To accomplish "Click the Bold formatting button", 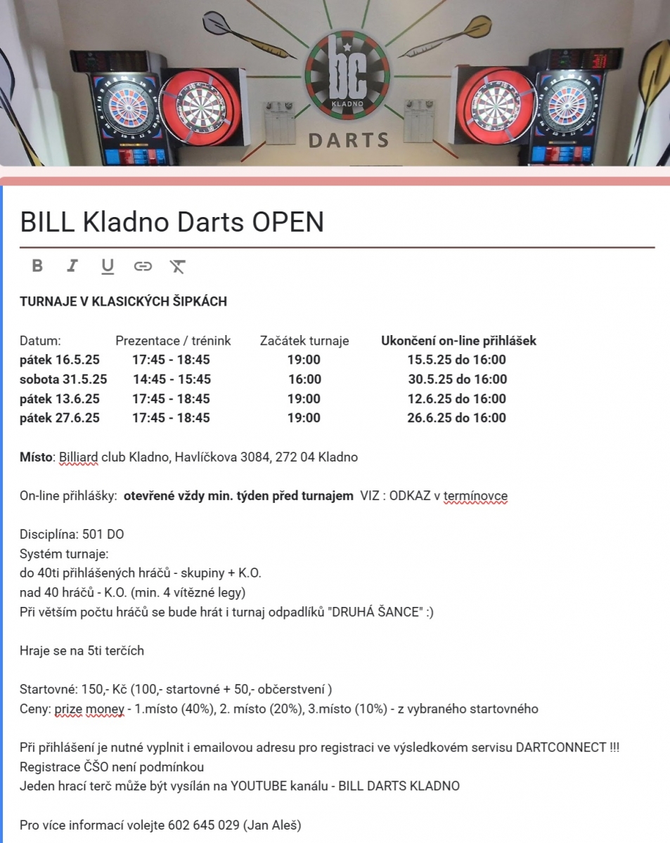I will [37, 266].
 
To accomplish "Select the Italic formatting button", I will [72, 266].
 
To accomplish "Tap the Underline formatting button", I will [107, 266].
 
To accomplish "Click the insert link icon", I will [143, 266].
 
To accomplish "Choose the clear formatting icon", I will [177, 266].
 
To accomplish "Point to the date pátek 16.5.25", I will [60, 360].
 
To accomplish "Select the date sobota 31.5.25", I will [63, 379].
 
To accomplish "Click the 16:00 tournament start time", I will [304, 379].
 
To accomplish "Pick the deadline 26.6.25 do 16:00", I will [456, 418].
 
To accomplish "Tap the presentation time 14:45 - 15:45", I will [172, 379].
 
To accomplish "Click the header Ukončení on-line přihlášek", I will [458, 341].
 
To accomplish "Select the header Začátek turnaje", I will [304, 341].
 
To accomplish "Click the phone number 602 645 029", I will [204, 825].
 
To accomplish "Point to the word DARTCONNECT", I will [561, 747].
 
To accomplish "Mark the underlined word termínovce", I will [475, 496].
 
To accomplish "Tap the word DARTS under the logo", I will [349, 140].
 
